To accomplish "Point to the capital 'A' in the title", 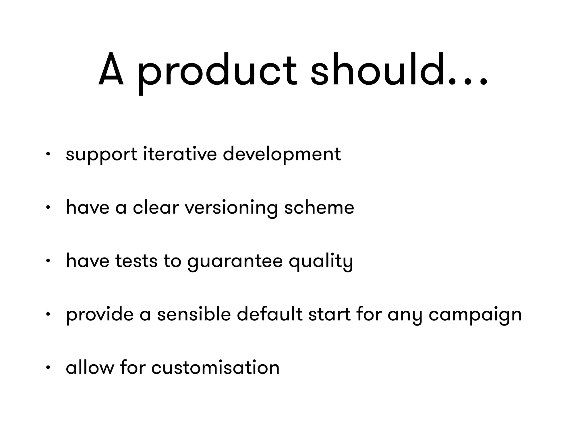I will click(111, 70).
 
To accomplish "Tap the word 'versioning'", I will click(231, 208).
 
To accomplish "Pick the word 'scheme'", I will click(319, 207).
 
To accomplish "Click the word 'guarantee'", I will click(235, 262).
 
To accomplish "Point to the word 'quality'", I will click(321, 262).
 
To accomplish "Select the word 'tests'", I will click(136, 261).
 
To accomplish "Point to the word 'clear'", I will click(156, 207).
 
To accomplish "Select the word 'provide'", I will click(100, 315).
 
